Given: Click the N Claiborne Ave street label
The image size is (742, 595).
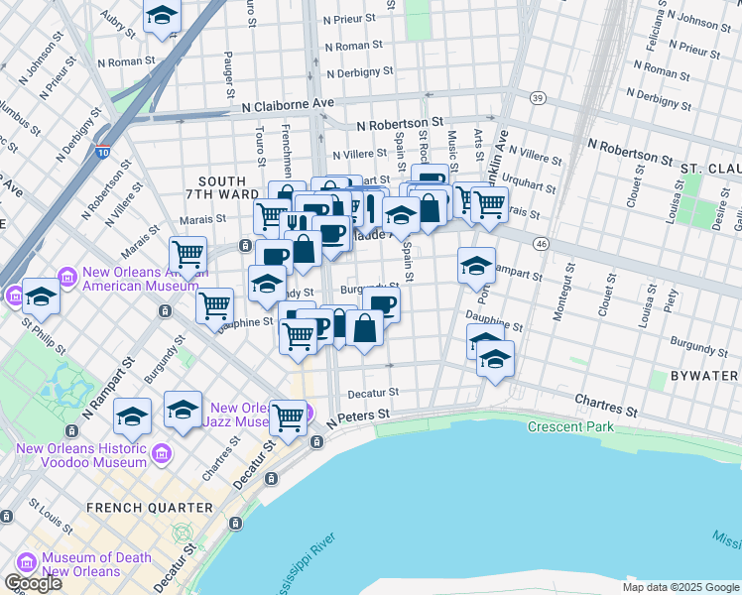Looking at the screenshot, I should click(x=287, y=103).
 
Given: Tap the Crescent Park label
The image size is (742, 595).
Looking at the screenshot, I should click(x=570, y=427).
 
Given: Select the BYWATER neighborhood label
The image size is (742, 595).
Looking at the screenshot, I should click(x=703, y=376).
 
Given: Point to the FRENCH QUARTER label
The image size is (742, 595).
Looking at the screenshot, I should click(x=149, y=508).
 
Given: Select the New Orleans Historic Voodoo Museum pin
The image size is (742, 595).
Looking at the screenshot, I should click(x=163, y=454).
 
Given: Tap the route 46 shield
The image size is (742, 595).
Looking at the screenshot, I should click(x=541, y=243).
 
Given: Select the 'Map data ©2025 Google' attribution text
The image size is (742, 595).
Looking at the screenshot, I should click(x=680, y=587).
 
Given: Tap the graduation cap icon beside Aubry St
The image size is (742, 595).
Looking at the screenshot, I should click(x=163, y=16).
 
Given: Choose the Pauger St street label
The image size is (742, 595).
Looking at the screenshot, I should click(x=229, y=67).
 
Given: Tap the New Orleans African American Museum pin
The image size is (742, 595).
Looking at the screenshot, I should click(x=67, y=276).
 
